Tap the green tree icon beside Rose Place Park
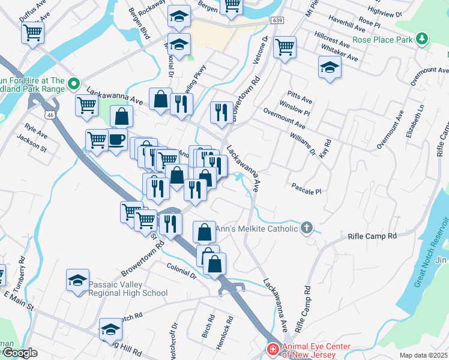(423, 40)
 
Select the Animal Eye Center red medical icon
(273, 349)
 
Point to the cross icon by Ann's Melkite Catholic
(307, 228)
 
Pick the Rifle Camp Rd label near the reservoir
(373, 236)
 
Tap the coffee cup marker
(116, 140)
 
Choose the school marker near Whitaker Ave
(329, 68)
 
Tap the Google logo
(19, 353)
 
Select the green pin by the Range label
(74, 84)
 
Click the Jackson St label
(32, 139)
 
